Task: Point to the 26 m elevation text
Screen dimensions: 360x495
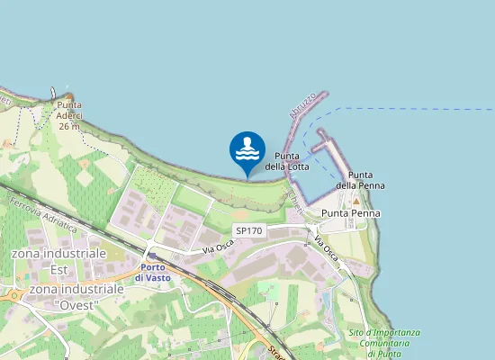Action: (x=68, y=127)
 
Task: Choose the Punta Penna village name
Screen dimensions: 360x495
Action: (x=350, y=213)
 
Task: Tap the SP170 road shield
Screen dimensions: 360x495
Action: (x=248, y=231)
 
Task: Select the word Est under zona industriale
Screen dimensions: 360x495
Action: (x=59, y=269)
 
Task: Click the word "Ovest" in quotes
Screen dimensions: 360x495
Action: (x=76, y=304)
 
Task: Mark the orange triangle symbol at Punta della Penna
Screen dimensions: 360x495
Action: (x=356, y=200)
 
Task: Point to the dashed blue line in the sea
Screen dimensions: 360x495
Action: (x=405, y=109)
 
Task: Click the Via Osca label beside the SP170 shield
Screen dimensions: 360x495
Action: (x=218, y=245)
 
